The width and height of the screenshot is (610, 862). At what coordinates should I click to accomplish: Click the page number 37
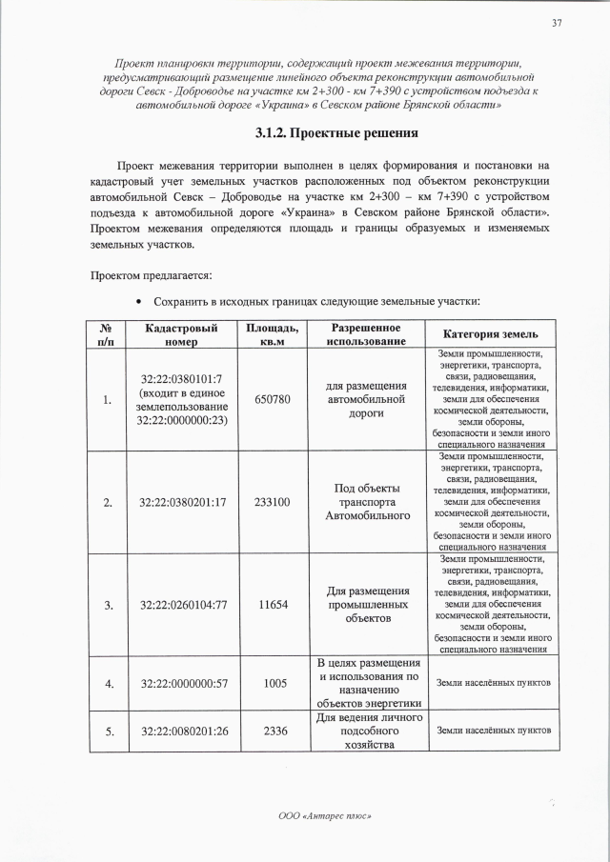(x=556, y=23)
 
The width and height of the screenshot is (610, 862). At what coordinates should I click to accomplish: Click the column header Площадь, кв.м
(x=272, y=333)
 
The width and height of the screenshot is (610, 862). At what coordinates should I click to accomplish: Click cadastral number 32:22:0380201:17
(x=182, y=502)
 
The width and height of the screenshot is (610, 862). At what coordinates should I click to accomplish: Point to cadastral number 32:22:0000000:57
(x=182, y=683)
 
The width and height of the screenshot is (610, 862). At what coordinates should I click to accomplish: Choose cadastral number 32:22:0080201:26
(x=182, y=731)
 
